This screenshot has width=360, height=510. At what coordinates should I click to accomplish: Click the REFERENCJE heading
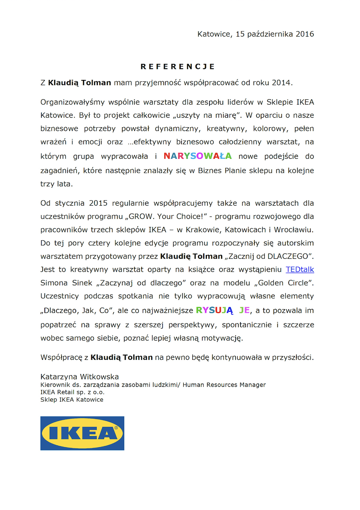pyautogui.click(x=177, y=66)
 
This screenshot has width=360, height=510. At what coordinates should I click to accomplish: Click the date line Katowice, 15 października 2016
pyautogui.click(x=255, y=34)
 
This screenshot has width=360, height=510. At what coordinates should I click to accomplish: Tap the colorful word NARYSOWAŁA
pyautogui.click(x=198, y=156)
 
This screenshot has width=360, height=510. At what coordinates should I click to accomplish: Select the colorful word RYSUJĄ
pyautogui.click(x=214, y=310)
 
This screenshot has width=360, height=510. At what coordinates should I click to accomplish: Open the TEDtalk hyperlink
pyautogui.click(x=300, y=270)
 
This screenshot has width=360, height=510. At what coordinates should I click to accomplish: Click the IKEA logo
pyautogui.click(x=82, y=433)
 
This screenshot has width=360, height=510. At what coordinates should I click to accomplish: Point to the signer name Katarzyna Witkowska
pyautogui.click(x=80, y=377)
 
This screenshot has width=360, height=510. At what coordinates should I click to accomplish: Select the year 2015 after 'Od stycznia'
pyautogui.click(x=98, y=203)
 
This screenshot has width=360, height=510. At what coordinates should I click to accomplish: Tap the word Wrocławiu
pyautogui.click(x=294, y=230)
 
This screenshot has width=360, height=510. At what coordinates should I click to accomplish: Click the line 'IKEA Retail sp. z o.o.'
pyautogui.click(x=72, y=392)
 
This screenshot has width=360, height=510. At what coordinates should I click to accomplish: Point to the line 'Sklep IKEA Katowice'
pyautogui.click(x=72, y=399)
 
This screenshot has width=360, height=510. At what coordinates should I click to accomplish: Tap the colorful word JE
pyautogui.click(x=244, y=310)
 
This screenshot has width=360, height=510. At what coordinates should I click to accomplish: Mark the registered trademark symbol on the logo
pyautogui.click(x=116, y=428)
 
